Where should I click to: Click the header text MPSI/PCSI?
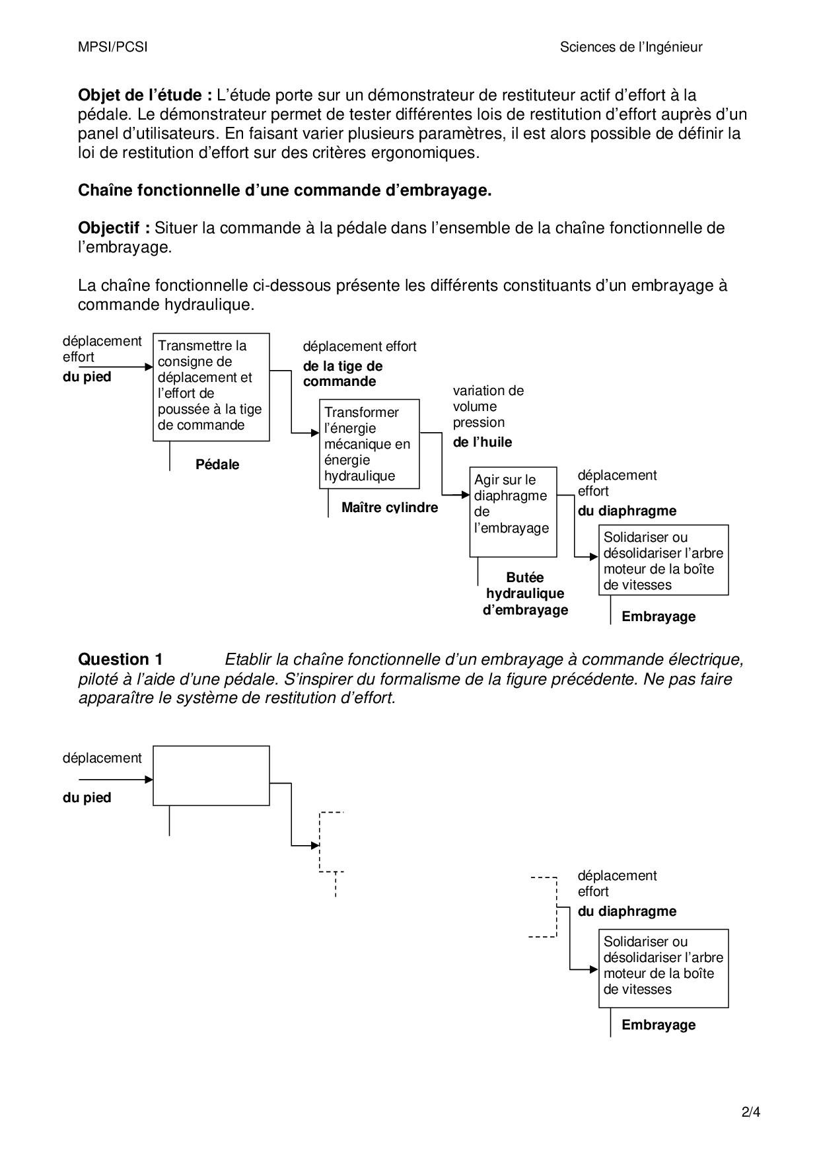click(112, 47)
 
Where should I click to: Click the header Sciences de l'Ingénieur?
click(631, 47)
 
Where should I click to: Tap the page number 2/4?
click(751, 1111)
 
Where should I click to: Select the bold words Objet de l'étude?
click(145, 95)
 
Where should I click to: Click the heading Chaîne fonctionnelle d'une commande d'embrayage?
click(285, 190)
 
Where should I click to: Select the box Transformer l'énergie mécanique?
click(369, 443)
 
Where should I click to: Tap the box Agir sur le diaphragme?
click(513, 511)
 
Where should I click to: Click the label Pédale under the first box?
click(217, 465)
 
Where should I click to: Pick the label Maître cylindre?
click(390, 507)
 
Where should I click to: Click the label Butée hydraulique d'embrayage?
click(525, 593)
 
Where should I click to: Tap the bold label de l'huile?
click(482, 442)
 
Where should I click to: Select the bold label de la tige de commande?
click(342, 373)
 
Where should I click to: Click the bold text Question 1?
click(120, 659)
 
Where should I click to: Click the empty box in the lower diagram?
click(211, 775)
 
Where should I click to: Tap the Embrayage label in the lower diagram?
click(659, 1025)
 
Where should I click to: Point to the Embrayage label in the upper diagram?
click(659, 617)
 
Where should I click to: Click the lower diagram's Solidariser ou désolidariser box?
click(663, 967)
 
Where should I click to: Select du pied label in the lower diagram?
click(87, 798)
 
